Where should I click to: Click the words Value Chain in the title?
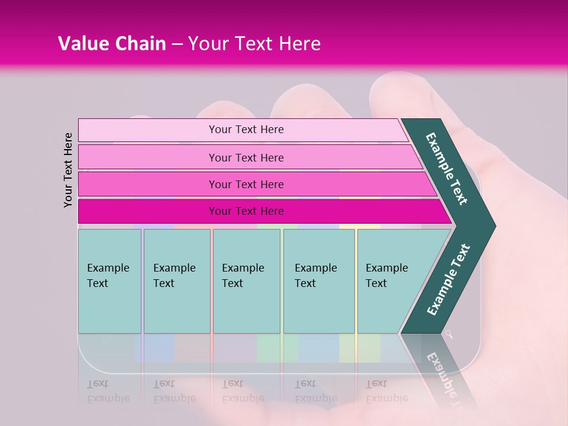point(112,44)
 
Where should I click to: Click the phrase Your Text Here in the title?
point(254,44)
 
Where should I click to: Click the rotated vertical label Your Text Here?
point(69,170)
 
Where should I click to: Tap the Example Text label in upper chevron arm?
point(447,169)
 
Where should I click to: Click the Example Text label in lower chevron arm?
point(448,279)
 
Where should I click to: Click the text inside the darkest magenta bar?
point(246,211)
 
